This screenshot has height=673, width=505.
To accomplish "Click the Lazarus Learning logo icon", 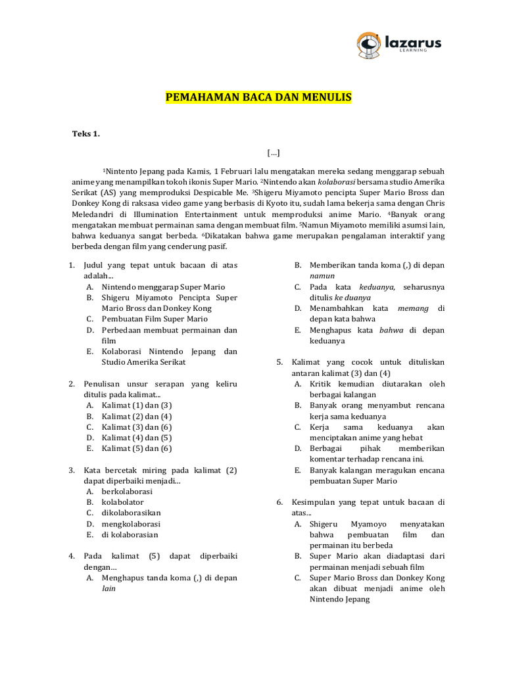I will (369, 43).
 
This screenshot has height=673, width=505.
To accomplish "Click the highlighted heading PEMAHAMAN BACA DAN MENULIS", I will (258, 97).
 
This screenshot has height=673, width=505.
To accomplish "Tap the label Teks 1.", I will (85, 134).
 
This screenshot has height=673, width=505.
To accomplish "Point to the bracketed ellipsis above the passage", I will (274, 152).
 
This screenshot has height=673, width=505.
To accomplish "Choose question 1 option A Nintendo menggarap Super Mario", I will (163, 287).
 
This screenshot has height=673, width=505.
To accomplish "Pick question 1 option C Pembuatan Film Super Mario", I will (155, 319).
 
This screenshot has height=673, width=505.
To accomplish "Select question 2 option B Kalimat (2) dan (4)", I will (137, 416).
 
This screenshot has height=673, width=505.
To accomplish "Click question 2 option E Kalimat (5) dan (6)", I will (137, 448).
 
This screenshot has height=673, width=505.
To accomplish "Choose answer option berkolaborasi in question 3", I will (127, 491).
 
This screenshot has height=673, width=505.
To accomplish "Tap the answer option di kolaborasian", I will (130, 534).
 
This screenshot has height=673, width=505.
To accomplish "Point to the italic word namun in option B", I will (322, 275).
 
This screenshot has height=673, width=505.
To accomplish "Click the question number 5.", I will (279, 362).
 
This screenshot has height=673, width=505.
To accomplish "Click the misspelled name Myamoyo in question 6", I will (380, 524).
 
